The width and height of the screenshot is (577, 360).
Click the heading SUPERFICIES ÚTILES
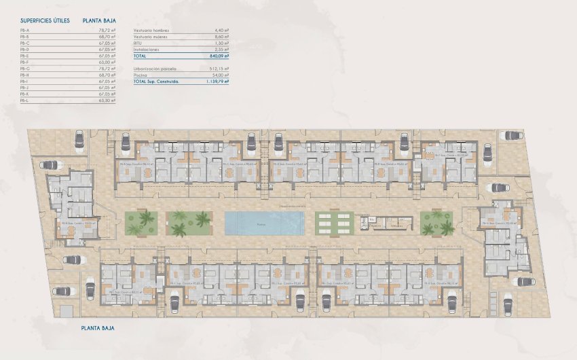pos(45,20)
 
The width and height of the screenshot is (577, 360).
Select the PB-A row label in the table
pos(25,31)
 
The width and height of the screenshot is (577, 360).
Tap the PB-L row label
pos(25,100)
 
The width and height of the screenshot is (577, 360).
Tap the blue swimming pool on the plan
pos(263,223)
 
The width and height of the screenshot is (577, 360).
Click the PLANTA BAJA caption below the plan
pos(97,328)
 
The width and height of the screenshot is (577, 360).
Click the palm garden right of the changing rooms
pos(436,223)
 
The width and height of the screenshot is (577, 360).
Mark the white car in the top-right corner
pos(510,136)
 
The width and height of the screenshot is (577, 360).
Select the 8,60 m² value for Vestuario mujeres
pos(221,37)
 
